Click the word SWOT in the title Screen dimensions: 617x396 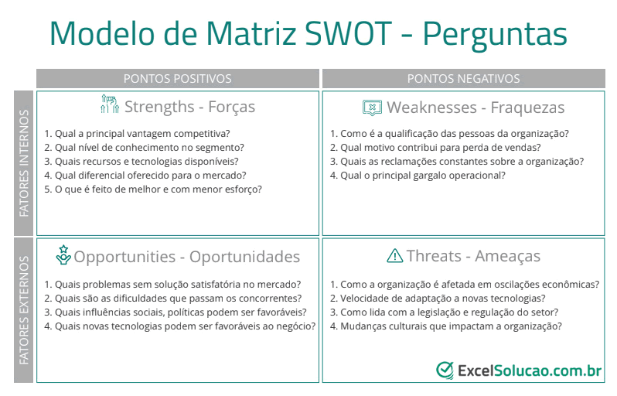tap(348, 33)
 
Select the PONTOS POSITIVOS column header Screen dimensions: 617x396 tap(178, 79)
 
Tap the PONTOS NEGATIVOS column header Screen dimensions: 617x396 tap(464, 79)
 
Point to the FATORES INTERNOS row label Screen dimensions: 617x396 tap(24, 163)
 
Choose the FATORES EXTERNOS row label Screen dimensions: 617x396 tap(24, 310)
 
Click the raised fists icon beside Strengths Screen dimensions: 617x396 tap(110, 104)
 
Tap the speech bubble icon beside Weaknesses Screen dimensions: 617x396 tap(372, 108)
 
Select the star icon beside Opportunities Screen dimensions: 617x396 tap(63, 255)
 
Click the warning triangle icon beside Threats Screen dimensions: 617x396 tap(394, 256)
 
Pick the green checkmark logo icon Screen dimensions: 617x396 tap(445, 370)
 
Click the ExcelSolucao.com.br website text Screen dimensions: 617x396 tap(530, 370)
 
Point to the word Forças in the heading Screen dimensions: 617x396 tap(231, 107)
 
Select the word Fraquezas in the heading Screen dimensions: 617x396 tap(527, 108)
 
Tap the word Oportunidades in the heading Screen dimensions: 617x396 tap(245, 257)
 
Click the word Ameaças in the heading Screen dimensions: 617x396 tap(508, 256)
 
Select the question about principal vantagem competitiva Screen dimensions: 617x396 tap(137, 134)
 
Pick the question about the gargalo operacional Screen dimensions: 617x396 tap(418, 176)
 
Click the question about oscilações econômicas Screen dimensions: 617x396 tap(465, 285)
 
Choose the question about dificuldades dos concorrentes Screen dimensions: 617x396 tap(172, 299)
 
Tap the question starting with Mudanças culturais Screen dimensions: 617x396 tap(446, 326)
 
